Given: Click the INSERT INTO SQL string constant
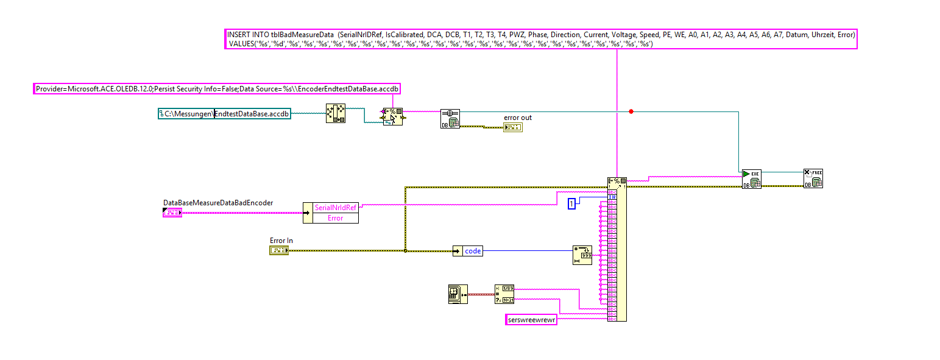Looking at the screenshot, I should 541,39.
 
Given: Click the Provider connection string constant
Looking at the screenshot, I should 217,89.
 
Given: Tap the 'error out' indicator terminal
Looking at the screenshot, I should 512,127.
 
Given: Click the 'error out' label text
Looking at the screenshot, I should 517,118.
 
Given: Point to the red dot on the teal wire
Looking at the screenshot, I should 631,111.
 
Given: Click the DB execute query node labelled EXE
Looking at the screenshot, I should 751,178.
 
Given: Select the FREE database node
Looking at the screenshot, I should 813,178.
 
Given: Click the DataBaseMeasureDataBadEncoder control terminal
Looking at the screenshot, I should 172,213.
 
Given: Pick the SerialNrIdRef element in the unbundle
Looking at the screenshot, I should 335,208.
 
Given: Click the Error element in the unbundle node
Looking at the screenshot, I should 335,218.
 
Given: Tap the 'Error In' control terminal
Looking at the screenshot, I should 279,250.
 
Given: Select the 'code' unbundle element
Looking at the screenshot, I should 472,251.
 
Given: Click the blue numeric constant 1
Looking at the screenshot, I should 571,204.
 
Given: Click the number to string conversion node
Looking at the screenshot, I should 581,255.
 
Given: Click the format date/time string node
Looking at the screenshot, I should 504,294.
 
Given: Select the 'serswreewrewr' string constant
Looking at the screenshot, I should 532,320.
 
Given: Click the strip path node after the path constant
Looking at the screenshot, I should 335,113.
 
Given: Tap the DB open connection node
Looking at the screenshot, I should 450,119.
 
